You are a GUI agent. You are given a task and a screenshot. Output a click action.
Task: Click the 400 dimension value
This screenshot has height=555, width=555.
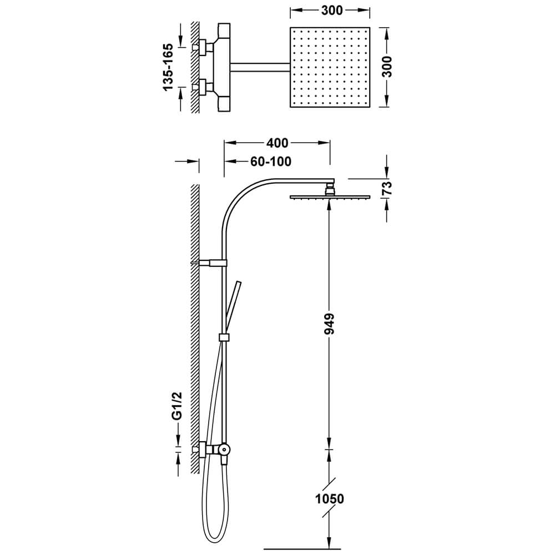[x=277, y=143]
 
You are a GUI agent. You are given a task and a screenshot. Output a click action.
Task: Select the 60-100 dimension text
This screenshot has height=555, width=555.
[x=271, y=162]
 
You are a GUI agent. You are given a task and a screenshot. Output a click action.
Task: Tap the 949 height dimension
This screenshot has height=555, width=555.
[x=329, y=324]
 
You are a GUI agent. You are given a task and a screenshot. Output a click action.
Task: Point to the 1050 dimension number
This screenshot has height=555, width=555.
[x=330, y=499]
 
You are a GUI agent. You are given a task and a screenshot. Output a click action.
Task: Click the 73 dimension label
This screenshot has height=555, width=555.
[x=388, y=188]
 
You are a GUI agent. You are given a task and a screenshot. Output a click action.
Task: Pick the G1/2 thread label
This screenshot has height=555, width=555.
[x=177, y=406]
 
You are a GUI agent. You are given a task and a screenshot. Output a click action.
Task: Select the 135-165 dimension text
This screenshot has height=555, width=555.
[x=168, y=67]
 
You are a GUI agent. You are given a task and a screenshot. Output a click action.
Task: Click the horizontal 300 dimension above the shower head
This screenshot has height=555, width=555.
[x=332, y=11]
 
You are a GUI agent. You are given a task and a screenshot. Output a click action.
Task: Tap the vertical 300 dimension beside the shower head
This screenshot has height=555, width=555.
[x=388, y=67]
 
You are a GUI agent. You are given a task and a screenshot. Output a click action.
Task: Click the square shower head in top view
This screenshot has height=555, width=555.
[x=330, y=67]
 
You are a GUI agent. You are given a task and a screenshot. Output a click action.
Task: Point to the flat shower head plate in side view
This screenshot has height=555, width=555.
[x=330, y=197]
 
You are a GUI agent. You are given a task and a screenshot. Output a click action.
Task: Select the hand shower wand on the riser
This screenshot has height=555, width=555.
[x=232, y=307]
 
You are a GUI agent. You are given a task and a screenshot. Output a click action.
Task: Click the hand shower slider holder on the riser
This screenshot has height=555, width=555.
[x=224, y=337]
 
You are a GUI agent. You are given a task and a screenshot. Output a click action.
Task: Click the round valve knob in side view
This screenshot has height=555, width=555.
[x=224, y=450]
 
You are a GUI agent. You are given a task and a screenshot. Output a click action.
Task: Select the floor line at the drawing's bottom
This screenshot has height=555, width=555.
[x=302, y=549]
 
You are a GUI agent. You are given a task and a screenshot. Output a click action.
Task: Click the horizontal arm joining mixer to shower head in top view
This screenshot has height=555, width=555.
[x=260, y=67]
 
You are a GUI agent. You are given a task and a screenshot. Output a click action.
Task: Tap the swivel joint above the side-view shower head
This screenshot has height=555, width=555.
[x=330, y=188]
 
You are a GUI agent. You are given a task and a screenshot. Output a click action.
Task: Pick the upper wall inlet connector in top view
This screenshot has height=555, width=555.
[x=203, y=47]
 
